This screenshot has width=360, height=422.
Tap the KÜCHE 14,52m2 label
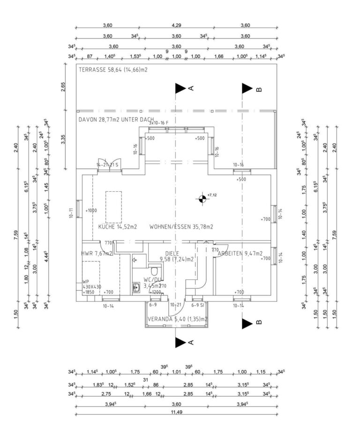118,226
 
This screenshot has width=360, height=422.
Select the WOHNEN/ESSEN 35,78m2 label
181,226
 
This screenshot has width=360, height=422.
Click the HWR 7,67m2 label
97,253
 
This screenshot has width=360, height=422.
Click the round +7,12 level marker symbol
202,198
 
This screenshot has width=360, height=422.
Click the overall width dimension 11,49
176,412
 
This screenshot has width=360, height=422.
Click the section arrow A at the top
180,88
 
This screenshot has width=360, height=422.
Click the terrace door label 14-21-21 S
108,165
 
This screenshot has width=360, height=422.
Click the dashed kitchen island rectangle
113,207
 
